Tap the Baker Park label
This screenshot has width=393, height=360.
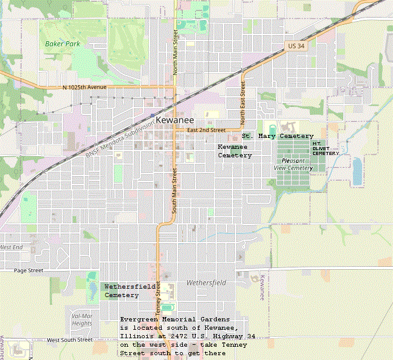(x=62, y=44)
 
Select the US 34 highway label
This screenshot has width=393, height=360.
(x=296, y=46)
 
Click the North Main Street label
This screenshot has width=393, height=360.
(x=175, y=52)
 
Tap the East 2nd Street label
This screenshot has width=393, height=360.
(x=206, y=130)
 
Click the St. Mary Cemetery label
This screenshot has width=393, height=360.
(x=278, y=136)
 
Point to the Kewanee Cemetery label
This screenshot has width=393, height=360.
(x=234, y=151)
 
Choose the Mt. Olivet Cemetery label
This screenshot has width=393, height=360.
(x=325, y=148)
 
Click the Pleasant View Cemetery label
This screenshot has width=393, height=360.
(x=293, y=164)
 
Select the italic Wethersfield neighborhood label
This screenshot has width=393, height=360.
(x=206, y=283)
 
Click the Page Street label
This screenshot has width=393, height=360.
(x=28, y=270)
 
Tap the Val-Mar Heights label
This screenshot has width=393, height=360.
(x=82, y=319)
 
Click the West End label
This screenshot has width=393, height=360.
(x=11, y=247)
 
